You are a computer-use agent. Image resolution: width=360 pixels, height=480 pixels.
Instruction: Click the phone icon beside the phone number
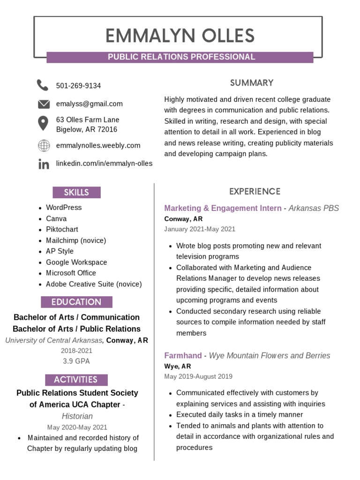[x=43, y=85]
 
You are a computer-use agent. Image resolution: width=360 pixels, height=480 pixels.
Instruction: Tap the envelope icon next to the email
[x=44, y=104]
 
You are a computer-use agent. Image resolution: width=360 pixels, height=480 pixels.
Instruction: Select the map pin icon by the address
[x=43, y=124]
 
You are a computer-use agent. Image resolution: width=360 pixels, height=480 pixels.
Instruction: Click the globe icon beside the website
[x=44, y=146]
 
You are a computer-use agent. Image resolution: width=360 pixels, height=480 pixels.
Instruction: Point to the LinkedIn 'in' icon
[x=44, y=164]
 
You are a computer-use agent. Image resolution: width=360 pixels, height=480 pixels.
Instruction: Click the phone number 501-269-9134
[x=78, y=86]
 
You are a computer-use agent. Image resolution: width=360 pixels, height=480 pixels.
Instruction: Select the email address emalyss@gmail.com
[x=89, y=104]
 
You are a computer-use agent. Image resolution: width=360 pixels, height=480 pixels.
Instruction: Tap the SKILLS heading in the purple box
[x=76, y=192]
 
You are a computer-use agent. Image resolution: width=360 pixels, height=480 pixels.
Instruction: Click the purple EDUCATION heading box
[x=76, y=302]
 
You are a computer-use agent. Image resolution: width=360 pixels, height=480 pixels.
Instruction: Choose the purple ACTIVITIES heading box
[x=76, y=380]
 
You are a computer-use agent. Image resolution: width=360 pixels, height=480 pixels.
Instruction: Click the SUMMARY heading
[x=252, y=83]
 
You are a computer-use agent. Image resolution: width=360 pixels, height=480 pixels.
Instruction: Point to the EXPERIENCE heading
[x=255, y=191]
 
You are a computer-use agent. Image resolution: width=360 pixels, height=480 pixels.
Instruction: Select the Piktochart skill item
[x=62, y=229]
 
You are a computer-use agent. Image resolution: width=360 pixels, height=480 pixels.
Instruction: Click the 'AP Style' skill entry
[x=60, y=251]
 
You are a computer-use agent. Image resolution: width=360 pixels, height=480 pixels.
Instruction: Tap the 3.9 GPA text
[x=76, y=361]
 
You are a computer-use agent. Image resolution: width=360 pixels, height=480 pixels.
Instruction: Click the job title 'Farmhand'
[x=183, y=355]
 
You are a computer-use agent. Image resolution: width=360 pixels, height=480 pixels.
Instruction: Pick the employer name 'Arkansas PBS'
[x=314, y=208]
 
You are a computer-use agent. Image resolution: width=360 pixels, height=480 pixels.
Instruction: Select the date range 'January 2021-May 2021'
[x=200, y=229]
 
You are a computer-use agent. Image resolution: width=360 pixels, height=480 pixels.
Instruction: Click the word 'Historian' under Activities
[x=77, y=416]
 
